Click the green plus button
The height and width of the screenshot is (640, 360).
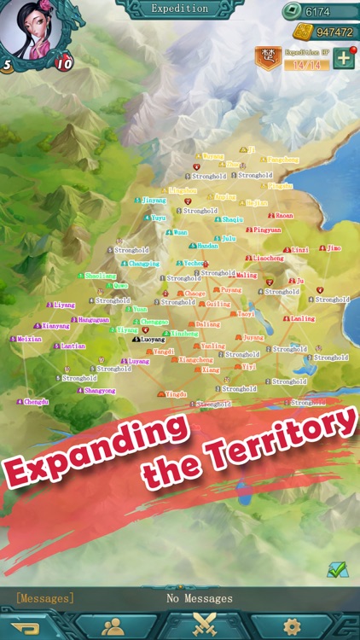[x=343, y=58]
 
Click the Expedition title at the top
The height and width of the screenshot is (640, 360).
[x=179, y=9]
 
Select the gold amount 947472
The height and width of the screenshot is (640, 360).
[x=333, y=32]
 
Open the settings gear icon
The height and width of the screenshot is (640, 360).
[x=292, y=627]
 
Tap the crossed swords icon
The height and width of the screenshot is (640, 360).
[x=202, y=627]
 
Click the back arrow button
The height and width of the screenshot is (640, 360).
[x=26, y=628]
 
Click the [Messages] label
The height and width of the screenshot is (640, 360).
[x=45, y=599]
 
